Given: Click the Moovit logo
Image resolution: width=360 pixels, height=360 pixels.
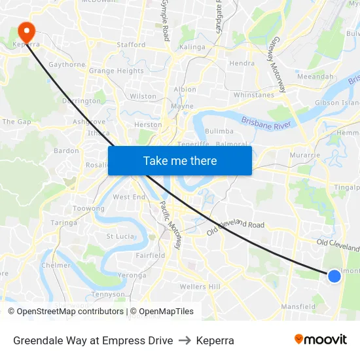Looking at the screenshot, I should tap(321, 340).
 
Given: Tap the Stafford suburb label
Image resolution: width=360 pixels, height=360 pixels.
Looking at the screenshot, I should tap(131, 45).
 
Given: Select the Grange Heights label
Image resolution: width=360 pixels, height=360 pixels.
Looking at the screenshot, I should tap(116, 71).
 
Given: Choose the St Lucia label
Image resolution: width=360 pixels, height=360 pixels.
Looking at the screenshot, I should tap(120, 236).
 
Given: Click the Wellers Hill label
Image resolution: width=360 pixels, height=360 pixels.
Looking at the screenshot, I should tap(200, 287).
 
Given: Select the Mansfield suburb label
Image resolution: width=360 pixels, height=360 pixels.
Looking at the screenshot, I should tap(298, 306).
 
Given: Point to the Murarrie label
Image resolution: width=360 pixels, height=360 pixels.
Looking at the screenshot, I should tap(304, 155).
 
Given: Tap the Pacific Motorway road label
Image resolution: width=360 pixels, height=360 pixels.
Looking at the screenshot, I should tap(171, 225).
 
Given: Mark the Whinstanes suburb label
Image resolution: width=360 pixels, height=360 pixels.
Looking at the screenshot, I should tap(253, 95).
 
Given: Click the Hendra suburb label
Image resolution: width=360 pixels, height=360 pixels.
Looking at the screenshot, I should tap(242, 63).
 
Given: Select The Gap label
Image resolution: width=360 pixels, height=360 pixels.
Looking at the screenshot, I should tap(17, 122).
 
